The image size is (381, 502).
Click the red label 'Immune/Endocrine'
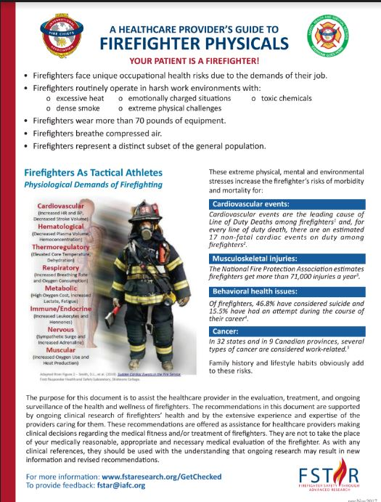pyautogui.click(x=59, y=308)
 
